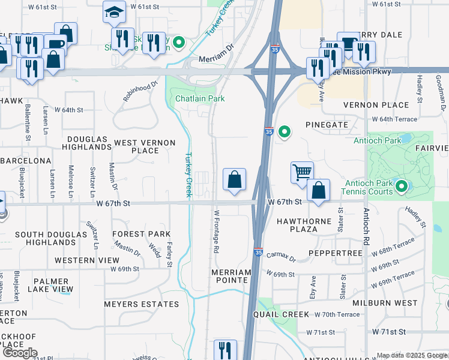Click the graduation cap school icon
click(x=113, y=12)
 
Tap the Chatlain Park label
click(x=200, y=98)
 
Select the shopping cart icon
click(x=302, y=172)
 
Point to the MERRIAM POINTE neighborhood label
click(x=231, y=276)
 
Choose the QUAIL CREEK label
click(x=282, y=314)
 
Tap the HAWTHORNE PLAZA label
click(x=304, y=225)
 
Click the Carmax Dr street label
click(x=281, y=257)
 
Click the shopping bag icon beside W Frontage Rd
click(x=234, y=179)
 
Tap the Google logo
click(x=19, y=353)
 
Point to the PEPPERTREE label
click(x=335, y=254)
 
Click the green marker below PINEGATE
click(x=285, y=131)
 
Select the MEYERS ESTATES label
click(x=142, y=304)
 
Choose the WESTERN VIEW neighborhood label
click(x=87, y=260)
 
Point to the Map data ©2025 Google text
click(x=412, y=355)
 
